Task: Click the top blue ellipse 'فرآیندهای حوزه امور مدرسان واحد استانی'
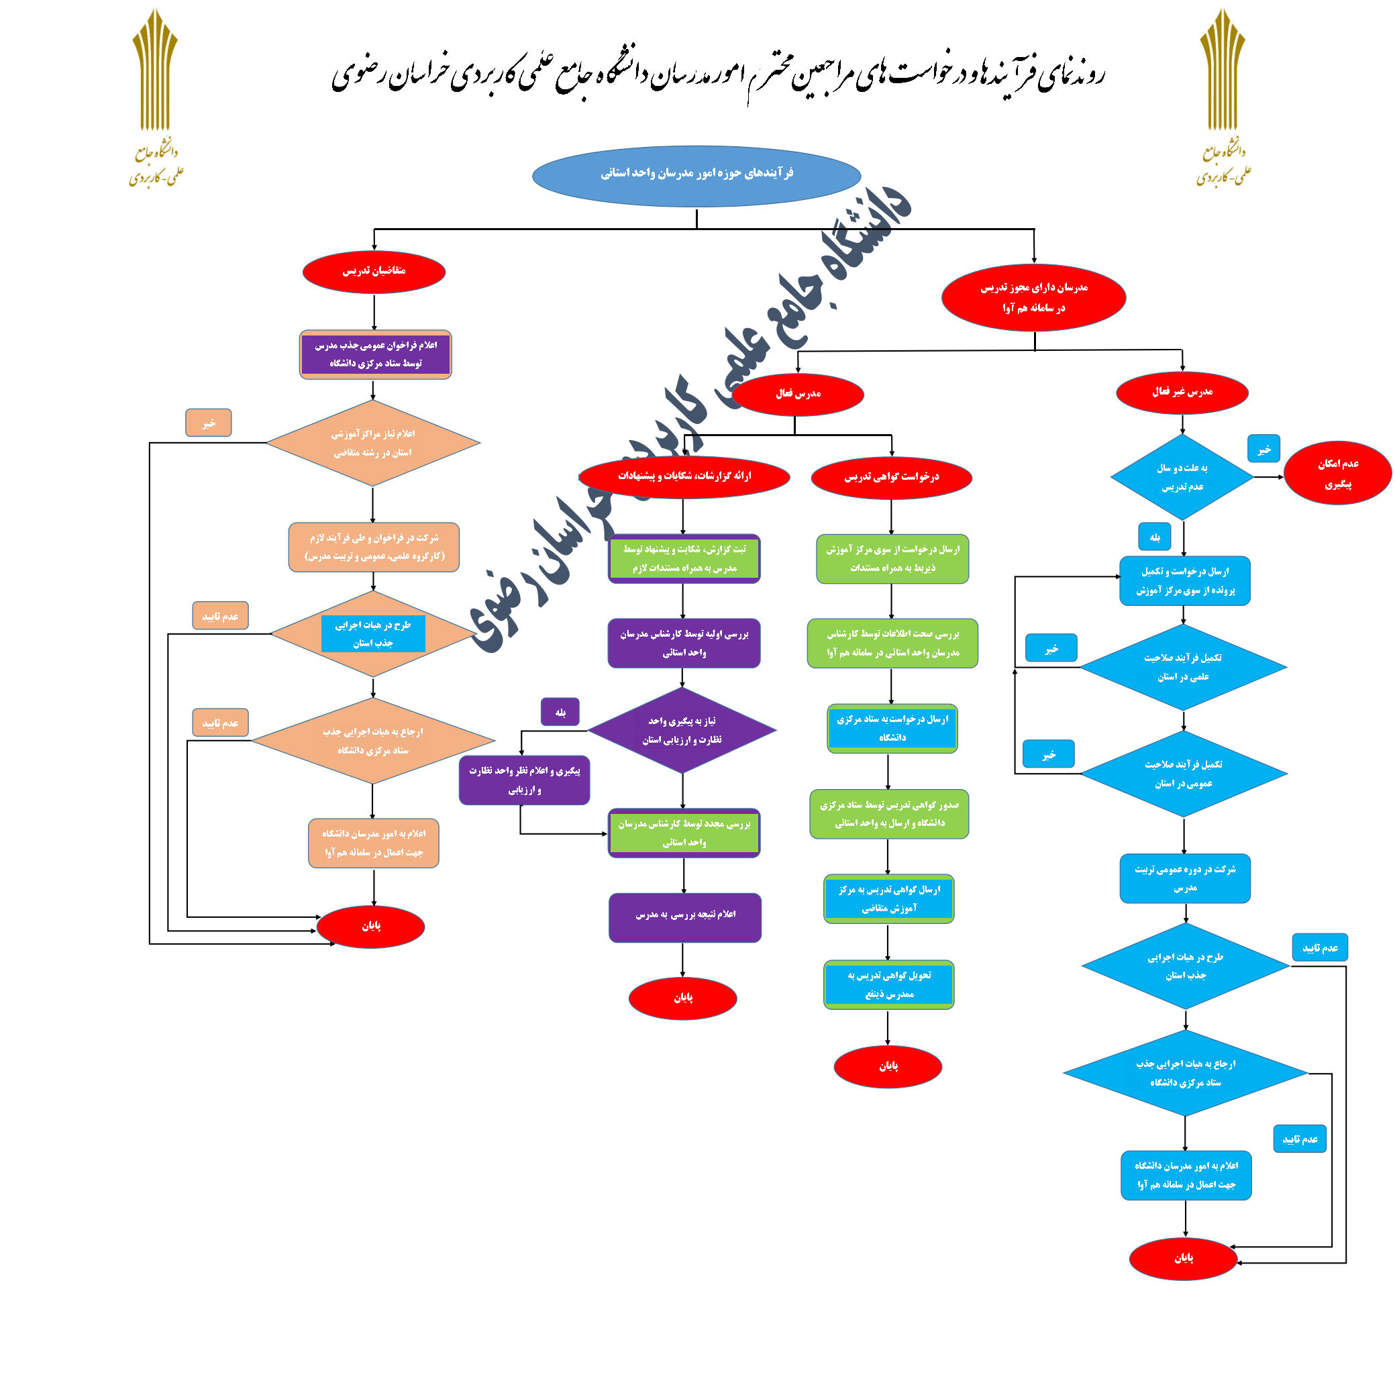click(x=696, y=175)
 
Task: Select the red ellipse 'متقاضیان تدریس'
click(x=373, y=272)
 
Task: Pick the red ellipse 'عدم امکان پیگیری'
click(x=1337, y=474)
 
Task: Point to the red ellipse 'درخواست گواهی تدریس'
click(x=891, y=477)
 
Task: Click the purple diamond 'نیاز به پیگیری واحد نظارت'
click(x=682, y=730)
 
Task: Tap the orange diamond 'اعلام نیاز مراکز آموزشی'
click(x=372, y=444)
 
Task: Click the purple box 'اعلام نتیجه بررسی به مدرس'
click(x=684, y=917)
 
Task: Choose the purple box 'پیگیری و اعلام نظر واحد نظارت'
click(x=524, y=780)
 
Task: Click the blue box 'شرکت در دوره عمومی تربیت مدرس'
click(x=1184, y=878)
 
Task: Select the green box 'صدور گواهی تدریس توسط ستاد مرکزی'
click(x=889, y=814)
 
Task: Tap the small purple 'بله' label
click(x=560, y=712)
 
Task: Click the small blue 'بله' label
click(x=1154, y=537)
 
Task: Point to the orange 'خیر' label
click(x=209, y=423)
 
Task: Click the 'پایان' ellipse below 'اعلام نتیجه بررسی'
click(x=682, y=998)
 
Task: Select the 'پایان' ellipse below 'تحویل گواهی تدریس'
click(x=888, y=1066)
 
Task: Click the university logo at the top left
click(x=156, y=97)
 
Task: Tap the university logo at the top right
click(x=1223, y=97)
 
